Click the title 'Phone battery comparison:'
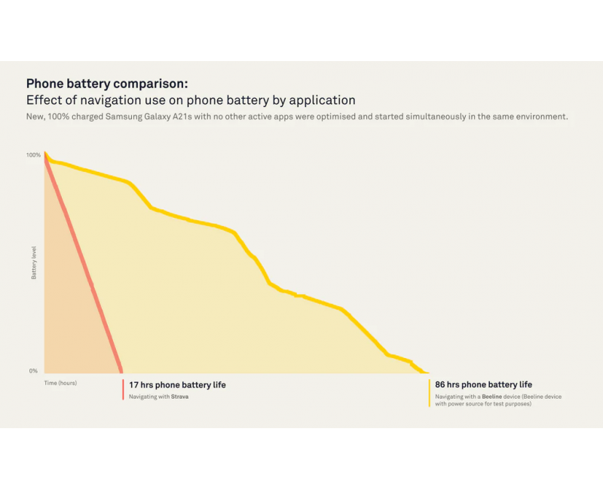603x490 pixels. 107,84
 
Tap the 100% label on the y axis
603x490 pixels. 33,155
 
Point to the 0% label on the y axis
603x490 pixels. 33,371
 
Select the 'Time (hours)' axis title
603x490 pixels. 60,383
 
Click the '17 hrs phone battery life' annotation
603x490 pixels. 177,385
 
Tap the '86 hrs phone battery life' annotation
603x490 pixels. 483,385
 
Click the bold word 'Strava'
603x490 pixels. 179,397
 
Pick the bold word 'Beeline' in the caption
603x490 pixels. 492,397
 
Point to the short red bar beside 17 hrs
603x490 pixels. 123,389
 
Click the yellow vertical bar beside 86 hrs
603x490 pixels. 430,393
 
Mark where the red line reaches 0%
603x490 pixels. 121,371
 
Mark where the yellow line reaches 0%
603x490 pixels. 425,372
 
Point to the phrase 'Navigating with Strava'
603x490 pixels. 158,397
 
